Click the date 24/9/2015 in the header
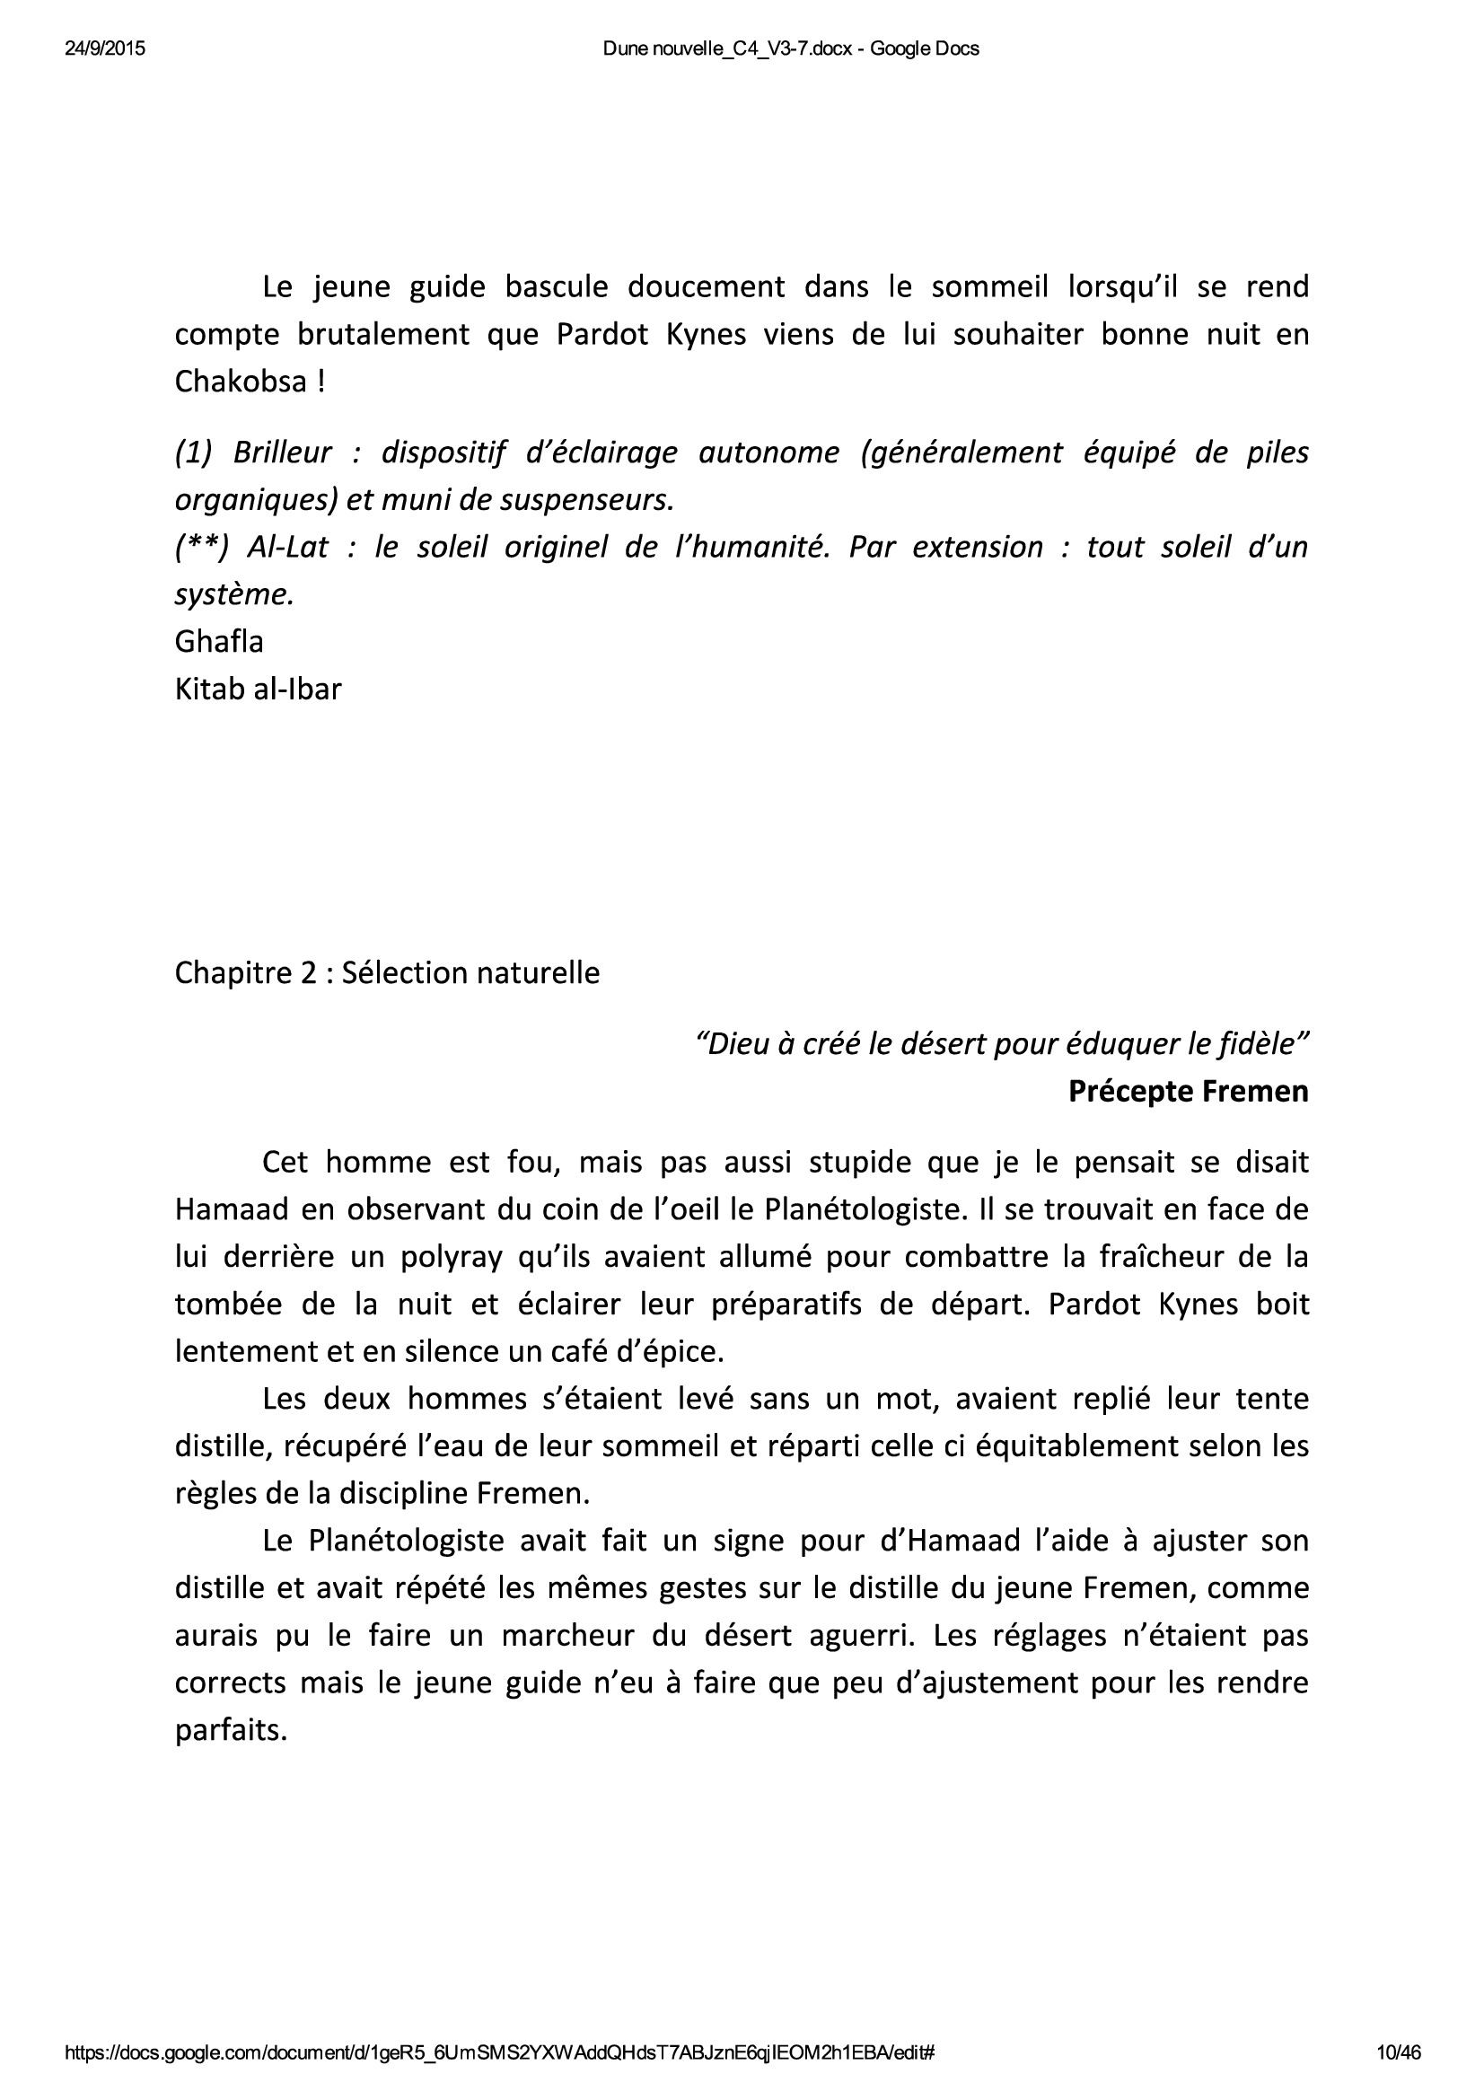104,49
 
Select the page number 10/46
1399,2053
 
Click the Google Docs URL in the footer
499,2053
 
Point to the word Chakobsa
241,382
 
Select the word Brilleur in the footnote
282,453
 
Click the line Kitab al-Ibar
258,689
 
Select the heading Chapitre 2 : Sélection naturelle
387,973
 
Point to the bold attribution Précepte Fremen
1188,1091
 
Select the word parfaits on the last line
231,1730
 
